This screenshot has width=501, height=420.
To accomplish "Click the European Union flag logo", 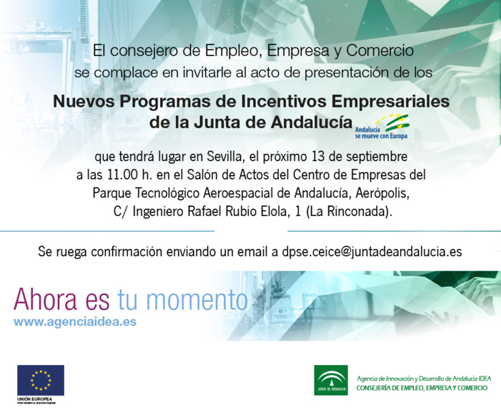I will click(x=41, y=380).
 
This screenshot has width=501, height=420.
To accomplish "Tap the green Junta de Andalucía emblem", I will click(x=331, y=379).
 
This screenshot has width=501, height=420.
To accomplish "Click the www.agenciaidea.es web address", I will click(x=75, y=322).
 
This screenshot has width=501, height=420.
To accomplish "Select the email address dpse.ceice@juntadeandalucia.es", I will click(x=372, y=252).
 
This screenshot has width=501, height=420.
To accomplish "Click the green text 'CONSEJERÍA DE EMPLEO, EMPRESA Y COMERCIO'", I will click(x=422, y=387).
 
